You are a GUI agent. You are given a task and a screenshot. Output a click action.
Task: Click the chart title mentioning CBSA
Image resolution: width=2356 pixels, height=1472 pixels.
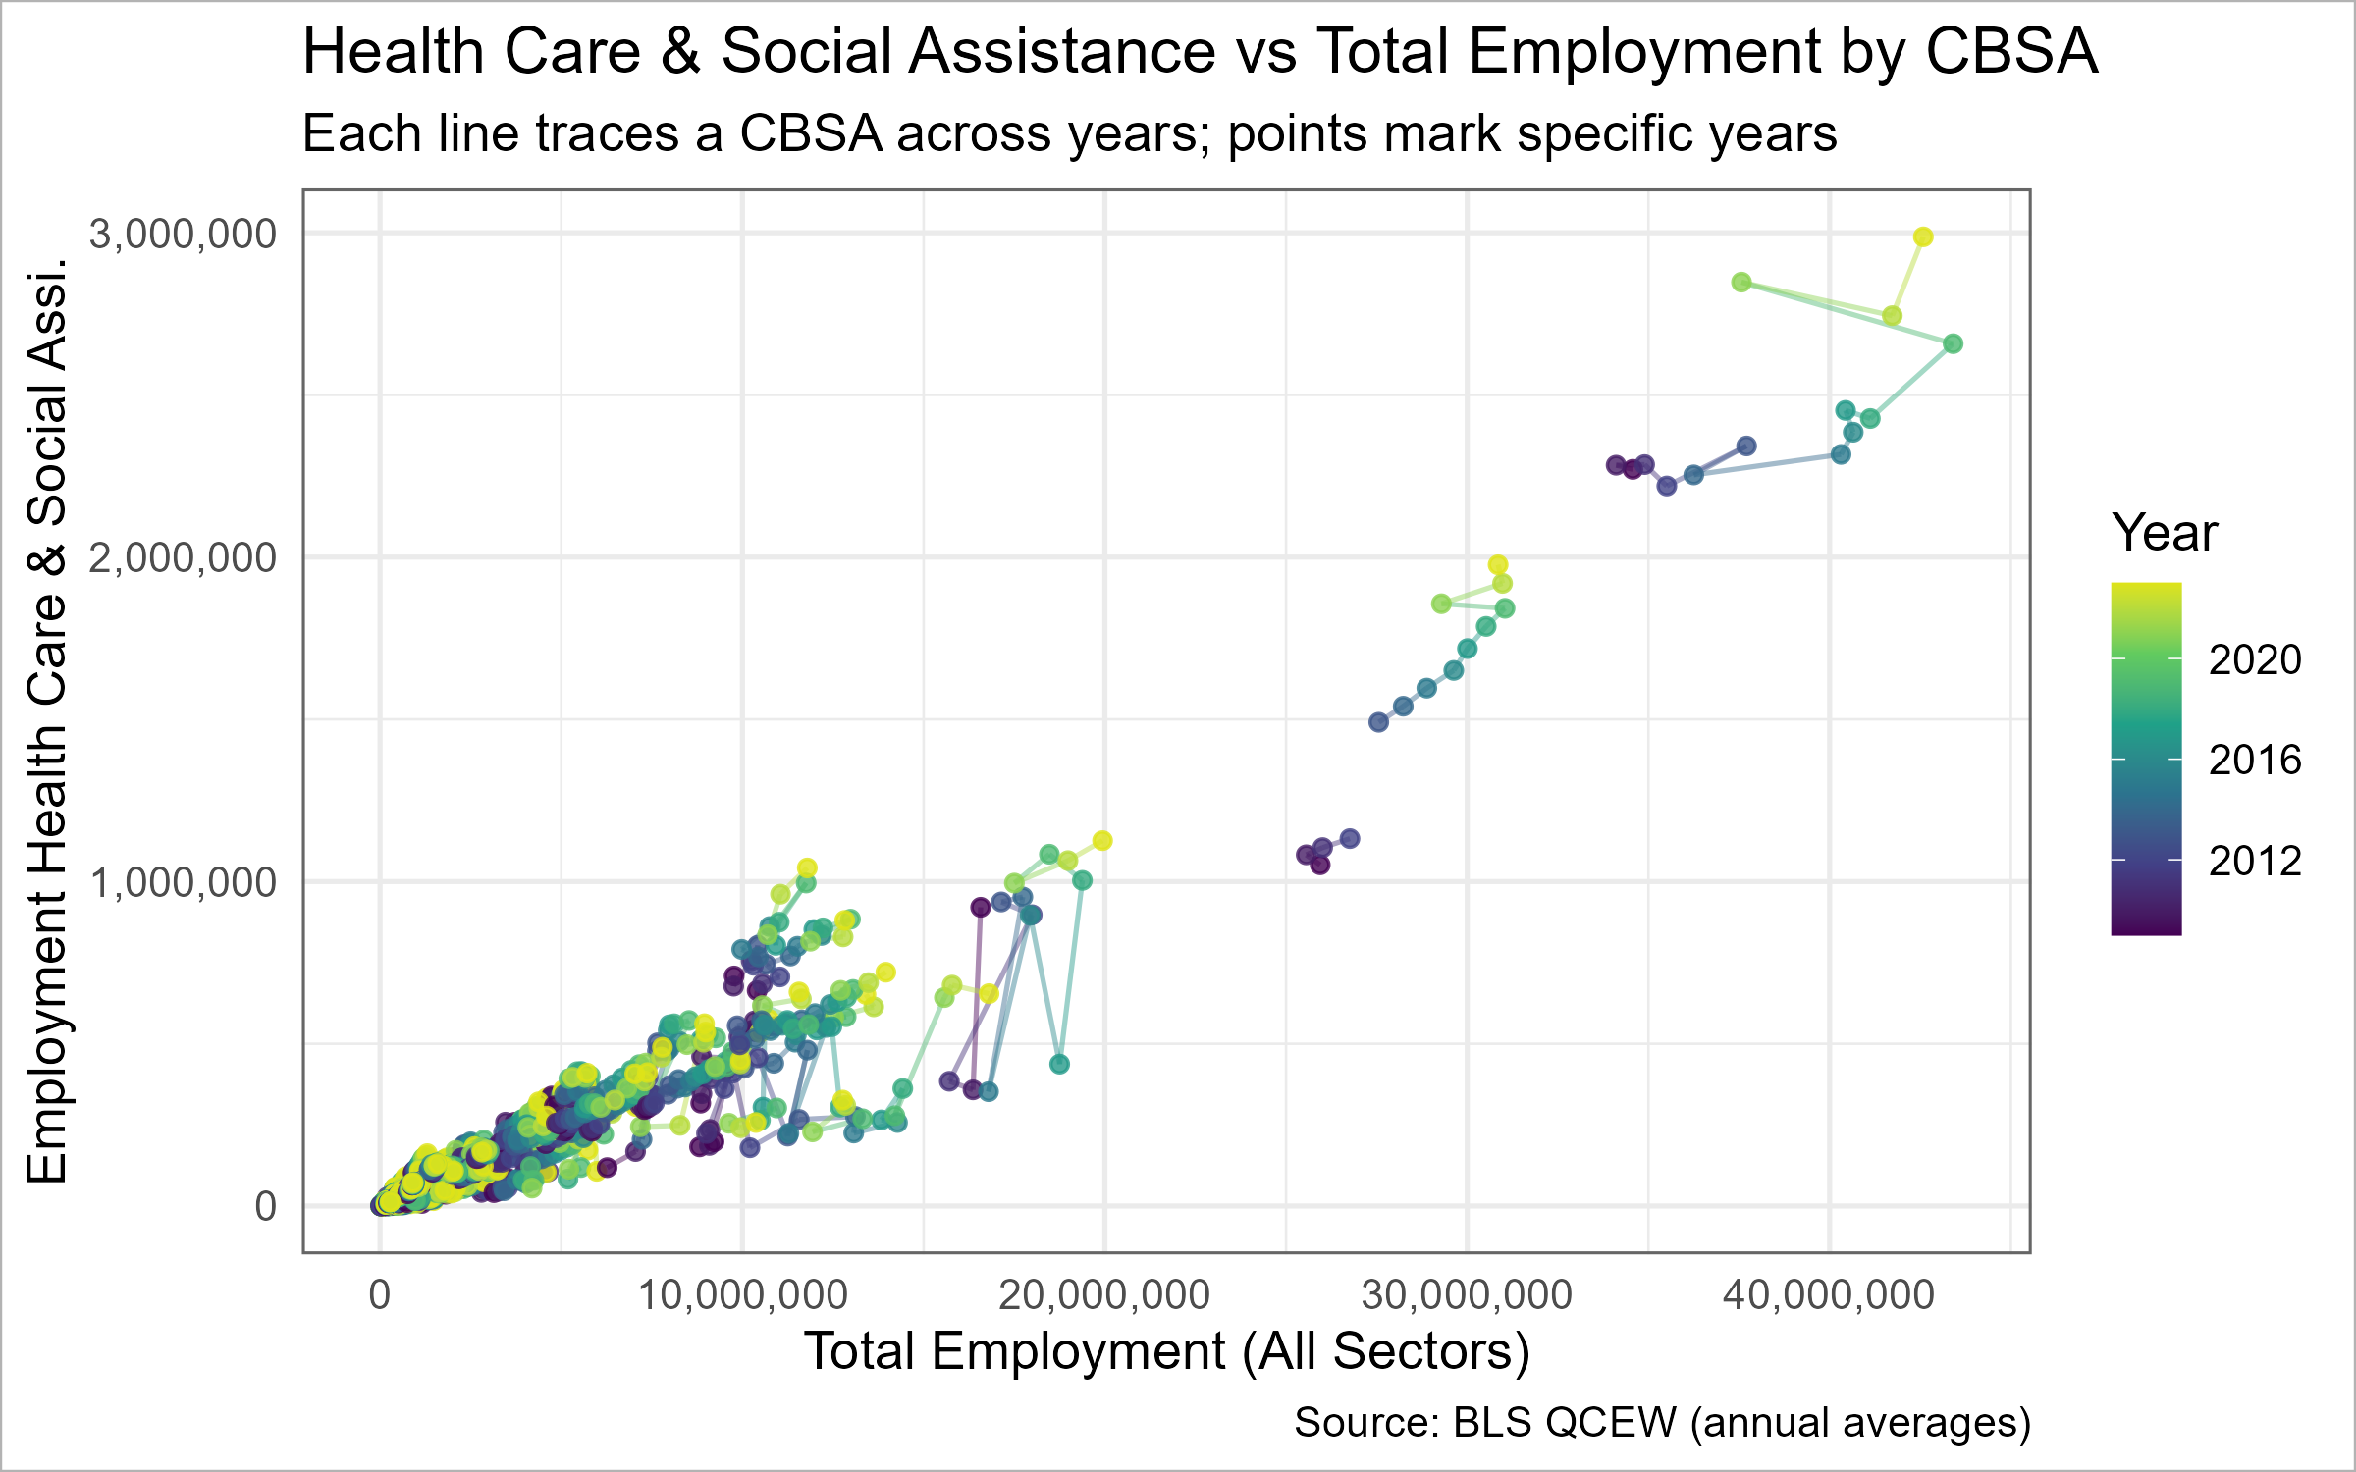tap(1200, 51)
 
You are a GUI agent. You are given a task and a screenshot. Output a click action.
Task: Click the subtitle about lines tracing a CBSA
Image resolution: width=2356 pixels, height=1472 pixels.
tap(1069, 133)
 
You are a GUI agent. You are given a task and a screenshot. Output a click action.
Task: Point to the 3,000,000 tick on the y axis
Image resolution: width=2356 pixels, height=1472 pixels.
tap(183, 235)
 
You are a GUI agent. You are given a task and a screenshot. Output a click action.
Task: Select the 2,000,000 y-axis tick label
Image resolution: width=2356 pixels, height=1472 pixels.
tap(183, 558)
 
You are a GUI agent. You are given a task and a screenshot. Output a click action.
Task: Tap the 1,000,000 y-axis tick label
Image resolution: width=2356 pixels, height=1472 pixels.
tap(183, 883)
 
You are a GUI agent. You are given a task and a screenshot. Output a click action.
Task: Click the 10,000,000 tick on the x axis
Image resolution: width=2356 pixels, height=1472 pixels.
tap(742, 1295)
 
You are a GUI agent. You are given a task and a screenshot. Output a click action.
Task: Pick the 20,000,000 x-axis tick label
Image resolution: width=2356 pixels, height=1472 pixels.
tap(1104, 1295)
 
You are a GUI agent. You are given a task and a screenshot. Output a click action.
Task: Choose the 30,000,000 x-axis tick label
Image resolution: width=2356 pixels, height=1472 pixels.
tap(1467, 1295)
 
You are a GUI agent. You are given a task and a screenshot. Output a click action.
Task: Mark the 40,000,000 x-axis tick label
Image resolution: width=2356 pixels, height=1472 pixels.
tap(1829, 1295)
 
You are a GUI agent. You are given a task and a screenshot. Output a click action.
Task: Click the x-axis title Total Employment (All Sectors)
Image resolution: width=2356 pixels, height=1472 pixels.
tap(1166, 1351)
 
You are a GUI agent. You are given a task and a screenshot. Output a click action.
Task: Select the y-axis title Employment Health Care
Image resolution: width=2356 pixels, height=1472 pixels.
tap(47, 721)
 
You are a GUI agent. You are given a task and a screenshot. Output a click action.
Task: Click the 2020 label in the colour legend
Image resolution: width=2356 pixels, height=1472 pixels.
tap(2255, 660)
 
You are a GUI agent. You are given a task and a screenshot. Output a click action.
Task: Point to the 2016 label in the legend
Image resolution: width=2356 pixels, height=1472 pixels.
tap(2255, 761)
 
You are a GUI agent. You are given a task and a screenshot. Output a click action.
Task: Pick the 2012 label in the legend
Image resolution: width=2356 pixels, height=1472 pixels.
tap(2255, 862)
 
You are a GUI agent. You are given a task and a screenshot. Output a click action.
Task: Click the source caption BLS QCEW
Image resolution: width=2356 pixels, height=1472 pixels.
tap(1662, 1422)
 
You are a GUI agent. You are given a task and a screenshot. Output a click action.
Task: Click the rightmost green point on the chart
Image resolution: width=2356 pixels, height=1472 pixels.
tap(1953, 343)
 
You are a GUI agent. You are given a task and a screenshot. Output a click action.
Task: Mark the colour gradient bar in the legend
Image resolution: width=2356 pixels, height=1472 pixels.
tap(2146, 759)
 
